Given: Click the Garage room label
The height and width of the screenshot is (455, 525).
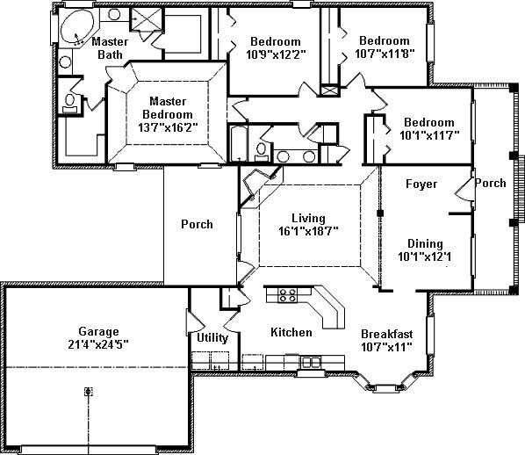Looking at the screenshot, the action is click(x=99, y=331).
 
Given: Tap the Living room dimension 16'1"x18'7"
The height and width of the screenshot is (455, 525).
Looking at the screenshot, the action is click(x=308, y=231).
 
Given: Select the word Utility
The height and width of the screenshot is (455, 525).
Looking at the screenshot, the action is click(x=212, y=337).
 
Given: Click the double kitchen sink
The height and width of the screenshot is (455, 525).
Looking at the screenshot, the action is click(x=311, y=362).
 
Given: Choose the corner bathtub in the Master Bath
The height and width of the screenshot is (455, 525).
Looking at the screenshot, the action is click(x=77, y=27).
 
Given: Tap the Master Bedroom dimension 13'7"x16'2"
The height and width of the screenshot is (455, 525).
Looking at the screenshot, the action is click(x=168, y=127).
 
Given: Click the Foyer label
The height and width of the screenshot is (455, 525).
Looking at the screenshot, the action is click(x=421, y=184).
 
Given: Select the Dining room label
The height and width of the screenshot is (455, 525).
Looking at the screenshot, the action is click(x=425, y=243).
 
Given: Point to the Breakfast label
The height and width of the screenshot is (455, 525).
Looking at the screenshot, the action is click(x=386, y=334).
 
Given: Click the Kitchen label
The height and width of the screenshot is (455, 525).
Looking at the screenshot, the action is click(x=291, y=332).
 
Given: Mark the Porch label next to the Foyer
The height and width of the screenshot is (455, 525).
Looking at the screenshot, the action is click(x=491, y=183).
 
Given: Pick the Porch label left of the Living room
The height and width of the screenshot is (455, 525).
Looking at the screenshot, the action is click(x=197, y=224).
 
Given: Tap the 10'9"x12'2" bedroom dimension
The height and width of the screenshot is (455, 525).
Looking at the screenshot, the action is click(x=276, y=54).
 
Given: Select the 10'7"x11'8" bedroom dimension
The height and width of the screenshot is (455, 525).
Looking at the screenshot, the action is click(x=385, y=54).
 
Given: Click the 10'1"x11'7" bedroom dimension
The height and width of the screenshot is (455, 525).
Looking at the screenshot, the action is click(x=429, y=135).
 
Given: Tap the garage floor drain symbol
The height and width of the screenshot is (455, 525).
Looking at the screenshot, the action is click(x=88, y=392).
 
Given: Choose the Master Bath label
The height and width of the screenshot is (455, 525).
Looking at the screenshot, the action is click(x=110, y=48).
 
